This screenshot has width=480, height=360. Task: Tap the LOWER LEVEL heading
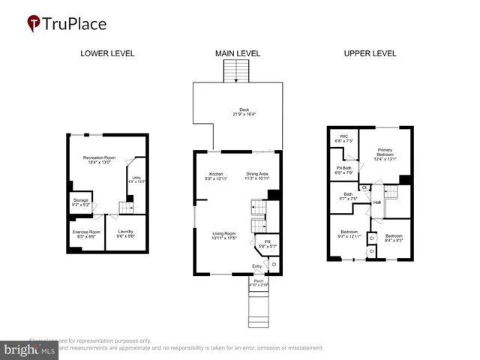click(107, 54)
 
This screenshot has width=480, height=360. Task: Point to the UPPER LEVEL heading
click(370, 54)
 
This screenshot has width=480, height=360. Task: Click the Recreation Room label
click(97, 157)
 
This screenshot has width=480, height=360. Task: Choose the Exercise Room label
click(86, 232)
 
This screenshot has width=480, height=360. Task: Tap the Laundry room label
click(125, 232)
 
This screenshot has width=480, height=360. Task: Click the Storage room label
click(79, 201)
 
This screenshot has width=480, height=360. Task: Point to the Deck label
click(244, 109)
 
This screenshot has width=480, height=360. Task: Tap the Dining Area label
click(257, 174)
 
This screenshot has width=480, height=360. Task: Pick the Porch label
click(258, 280)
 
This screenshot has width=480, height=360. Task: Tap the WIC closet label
click(343, 137)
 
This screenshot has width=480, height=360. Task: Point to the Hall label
click(378, 202)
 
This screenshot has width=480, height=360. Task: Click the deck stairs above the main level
click(235, 72)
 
